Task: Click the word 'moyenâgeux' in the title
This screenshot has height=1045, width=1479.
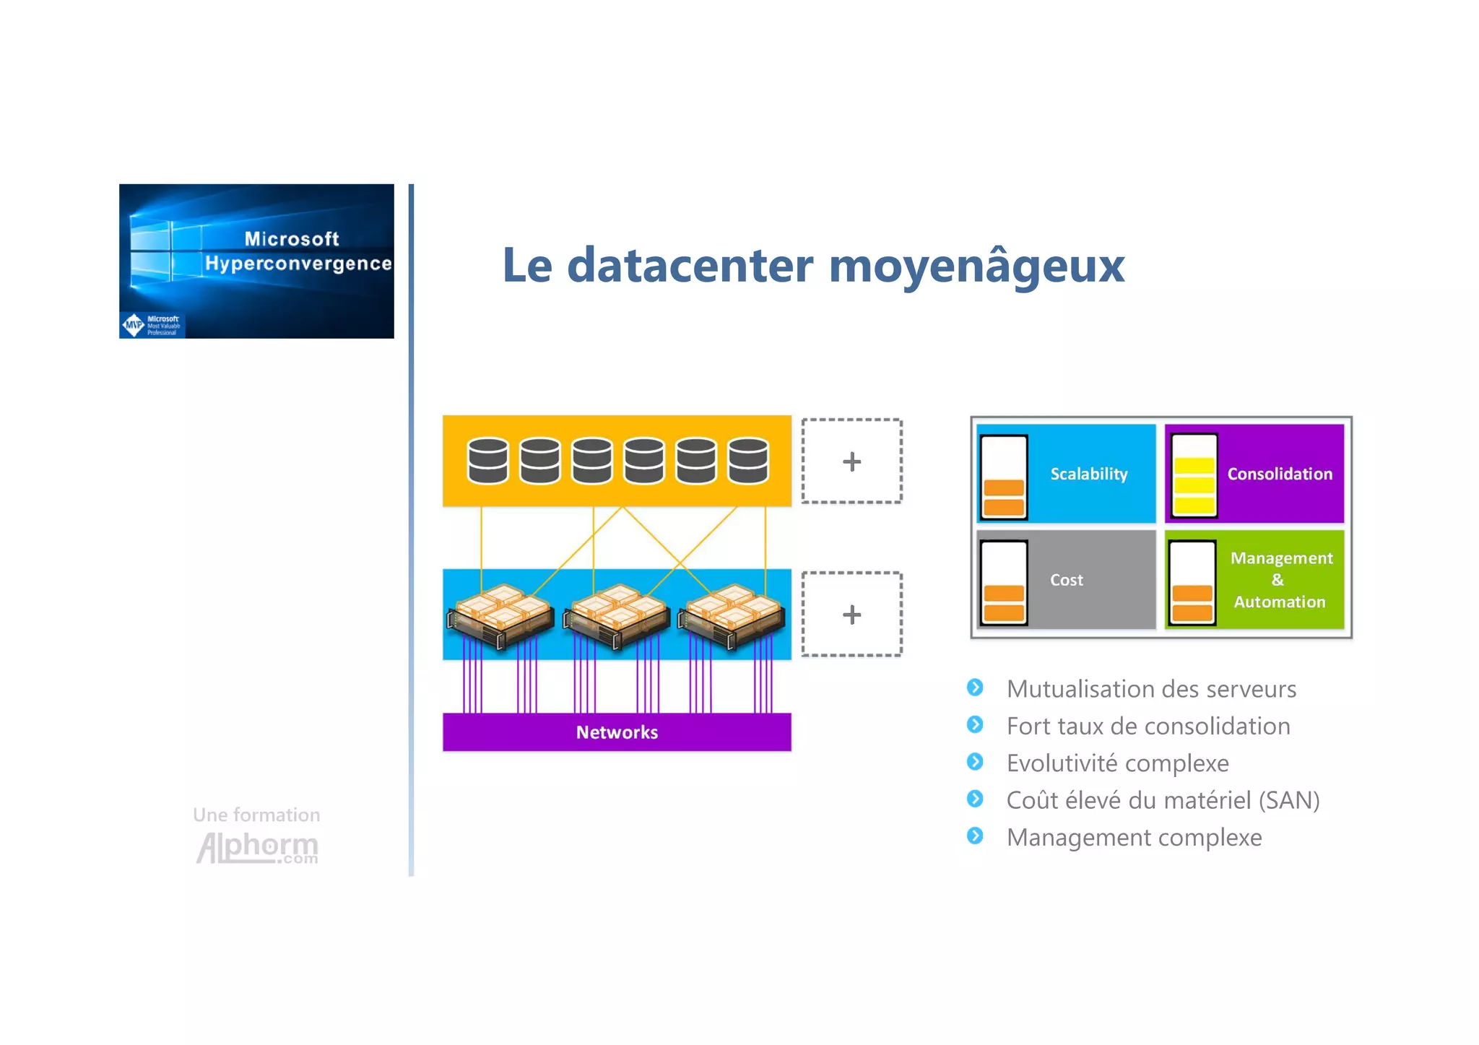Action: pos(976,266)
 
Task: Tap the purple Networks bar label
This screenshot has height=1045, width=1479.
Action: pos(617,732)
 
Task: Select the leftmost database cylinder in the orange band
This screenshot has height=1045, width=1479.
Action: pos(487,460)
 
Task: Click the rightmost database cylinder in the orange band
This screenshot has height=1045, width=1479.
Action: pos(748,460)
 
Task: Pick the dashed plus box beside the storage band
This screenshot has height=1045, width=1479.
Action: pos(851,461)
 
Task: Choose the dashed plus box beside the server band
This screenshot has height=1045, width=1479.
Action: pos(851,615)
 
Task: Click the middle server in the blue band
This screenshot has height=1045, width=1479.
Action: pos(616,615)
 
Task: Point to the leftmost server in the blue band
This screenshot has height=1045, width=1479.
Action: pos(500,615)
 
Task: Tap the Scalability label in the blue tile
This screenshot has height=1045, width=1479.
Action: pos(1088,474)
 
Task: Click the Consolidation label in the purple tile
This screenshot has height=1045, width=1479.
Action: pos(1280,474)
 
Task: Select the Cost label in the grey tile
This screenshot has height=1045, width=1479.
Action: pos(1066,580)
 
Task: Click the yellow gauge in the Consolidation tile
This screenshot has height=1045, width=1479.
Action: pos(1194,476)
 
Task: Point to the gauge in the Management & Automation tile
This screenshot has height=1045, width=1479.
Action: pos(1192,582)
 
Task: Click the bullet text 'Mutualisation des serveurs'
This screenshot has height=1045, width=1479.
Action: pos(1151,689)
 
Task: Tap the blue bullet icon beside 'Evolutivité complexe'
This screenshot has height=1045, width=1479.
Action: pos(975,762)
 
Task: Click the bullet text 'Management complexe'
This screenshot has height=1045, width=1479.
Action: pos(1134,838)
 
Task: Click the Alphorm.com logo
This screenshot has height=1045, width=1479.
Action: pos(257,846)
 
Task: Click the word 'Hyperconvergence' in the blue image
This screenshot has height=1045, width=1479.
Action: pos(298,264)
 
